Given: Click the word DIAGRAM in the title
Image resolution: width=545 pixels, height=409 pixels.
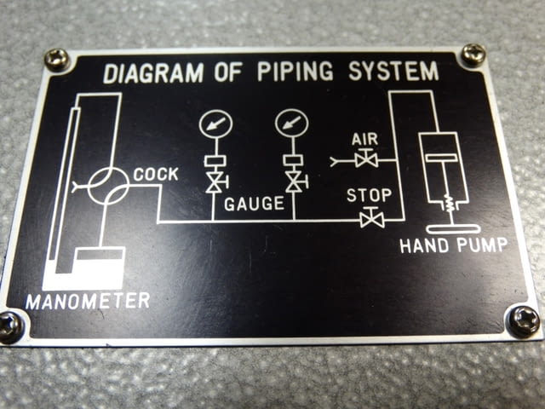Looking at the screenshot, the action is (153, 73).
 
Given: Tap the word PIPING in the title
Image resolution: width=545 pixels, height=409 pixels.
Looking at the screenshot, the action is (295, 72).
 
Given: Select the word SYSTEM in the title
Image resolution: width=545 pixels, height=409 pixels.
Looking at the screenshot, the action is (393, 71).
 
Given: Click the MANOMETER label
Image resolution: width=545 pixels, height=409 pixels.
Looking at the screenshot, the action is (88, 301).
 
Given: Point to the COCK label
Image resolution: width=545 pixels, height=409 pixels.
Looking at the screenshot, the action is (156, 174).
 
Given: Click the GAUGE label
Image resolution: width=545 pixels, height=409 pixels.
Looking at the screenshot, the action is (254, 204).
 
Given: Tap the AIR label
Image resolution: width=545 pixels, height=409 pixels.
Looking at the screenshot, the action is (364, 139).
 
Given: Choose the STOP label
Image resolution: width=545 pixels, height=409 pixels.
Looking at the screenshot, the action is (369, 195).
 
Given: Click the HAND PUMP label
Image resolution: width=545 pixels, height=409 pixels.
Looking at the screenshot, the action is (454, 245).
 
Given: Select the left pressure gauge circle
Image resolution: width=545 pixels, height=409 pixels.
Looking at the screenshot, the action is (215, 124).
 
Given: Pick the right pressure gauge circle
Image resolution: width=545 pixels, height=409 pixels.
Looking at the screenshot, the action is (292, 124).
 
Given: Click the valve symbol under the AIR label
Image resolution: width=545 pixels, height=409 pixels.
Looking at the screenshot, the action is (366, 159).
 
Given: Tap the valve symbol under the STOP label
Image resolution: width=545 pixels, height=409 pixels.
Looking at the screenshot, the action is (372, 218).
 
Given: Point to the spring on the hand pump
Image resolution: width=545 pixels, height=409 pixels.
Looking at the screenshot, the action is (450, 204).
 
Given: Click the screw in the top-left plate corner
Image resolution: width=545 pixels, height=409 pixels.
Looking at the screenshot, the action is (57, 60).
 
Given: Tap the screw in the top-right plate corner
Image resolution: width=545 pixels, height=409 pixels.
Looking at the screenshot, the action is (473, 55).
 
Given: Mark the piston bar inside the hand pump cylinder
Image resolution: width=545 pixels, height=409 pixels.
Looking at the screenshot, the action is (441, 158).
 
